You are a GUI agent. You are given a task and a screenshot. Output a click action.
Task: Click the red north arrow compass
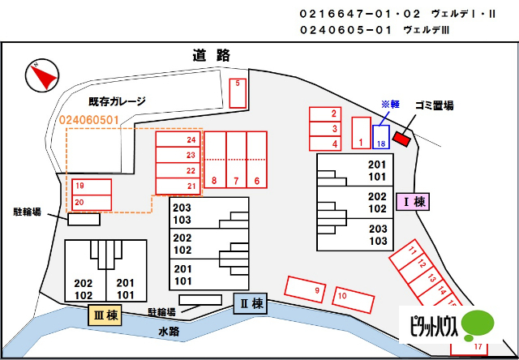click(x=42, y=75)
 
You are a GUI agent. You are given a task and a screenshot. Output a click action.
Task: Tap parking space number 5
click(x=238, y=93)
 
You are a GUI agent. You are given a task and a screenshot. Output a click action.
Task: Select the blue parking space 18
click(x=381, y=137)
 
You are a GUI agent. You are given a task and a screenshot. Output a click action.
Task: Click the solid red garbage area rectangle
click(x=401, y=138)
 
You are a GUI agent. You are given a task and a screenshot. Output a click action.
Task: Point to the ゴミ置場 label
click(x=435, y=106)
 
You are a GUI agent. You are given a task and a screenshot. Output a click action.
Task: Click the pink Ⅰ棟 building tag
click(x=413, y=202)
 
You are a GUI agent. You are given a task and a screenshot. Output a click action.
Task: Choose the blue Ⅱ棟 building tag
click(x=251, y=303)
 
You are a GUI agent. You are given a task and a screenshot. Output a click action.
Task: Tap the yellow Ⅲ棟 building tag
click(x=105, y=315)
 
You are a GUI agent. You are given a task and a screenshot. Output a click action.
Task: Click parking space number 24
click(x=178, y=139)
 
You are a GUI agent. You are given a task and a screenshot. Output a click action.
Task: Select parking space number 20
click(x=92, y=203)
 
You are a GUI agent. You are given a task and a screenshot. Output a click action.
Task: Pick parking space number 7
click(x=236, y=160)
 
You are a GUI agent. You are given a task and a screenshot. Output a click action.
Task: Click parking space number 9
click(x=305, y=289)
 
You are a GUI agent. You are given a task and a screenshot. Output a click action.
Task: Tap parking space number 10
click(x=354, y=300)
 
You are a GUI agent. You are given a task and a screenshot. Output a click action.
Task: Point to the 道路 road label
click(x=211, y=55)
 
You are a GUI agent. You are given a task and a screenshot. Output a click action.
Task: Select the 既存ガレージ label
click(x=117, y=101)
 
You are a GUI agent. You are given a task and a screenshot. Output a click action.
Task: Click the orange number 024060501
click(x=88, y=120)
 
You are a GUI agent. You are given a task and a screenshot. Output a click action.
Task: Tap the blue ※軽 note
click(x=390, y=105)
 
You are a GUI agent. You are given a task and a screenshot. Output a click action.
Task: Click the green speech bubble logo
click(x=478, y=325)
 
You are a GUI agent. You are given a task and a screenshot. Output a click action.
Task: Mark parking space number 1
click(x=361, y=133)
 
